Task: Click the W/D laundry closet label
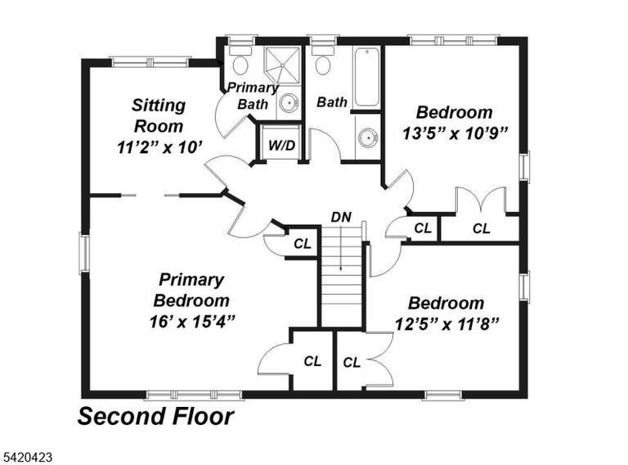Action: tap(281, 145)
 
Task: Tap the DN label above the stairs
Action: tap(341, 217)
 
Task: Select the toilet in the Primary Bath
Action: tap(240, 60)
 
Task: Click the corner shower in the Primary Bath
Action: tap(282, 65)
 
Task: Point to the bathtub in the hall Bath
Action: tap(366, 77)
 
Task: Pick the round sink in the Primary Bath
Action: tap(289, 103)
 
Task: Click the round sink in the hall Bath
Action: tap(367, 138)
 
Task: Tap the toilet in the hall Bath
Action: tap(323, 61)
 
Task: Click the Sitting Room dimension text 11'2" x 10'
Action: tap(158, 147)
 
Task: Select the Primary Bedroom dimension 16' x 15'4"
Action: tap(191, 322)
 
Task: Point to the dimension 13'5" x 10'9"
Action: tap(455, 133)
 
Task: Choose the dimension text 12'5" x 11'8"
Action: tap(446, 324)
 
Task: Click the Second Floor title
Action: tap(155, 416)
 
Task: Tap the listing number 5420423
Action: tap(26, 457)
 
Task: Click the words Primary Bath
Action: tap(253, 96)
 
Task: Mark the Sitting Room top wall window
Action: tap(150, 62)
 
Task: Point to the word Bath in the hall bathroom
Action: tap(332, 102)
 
